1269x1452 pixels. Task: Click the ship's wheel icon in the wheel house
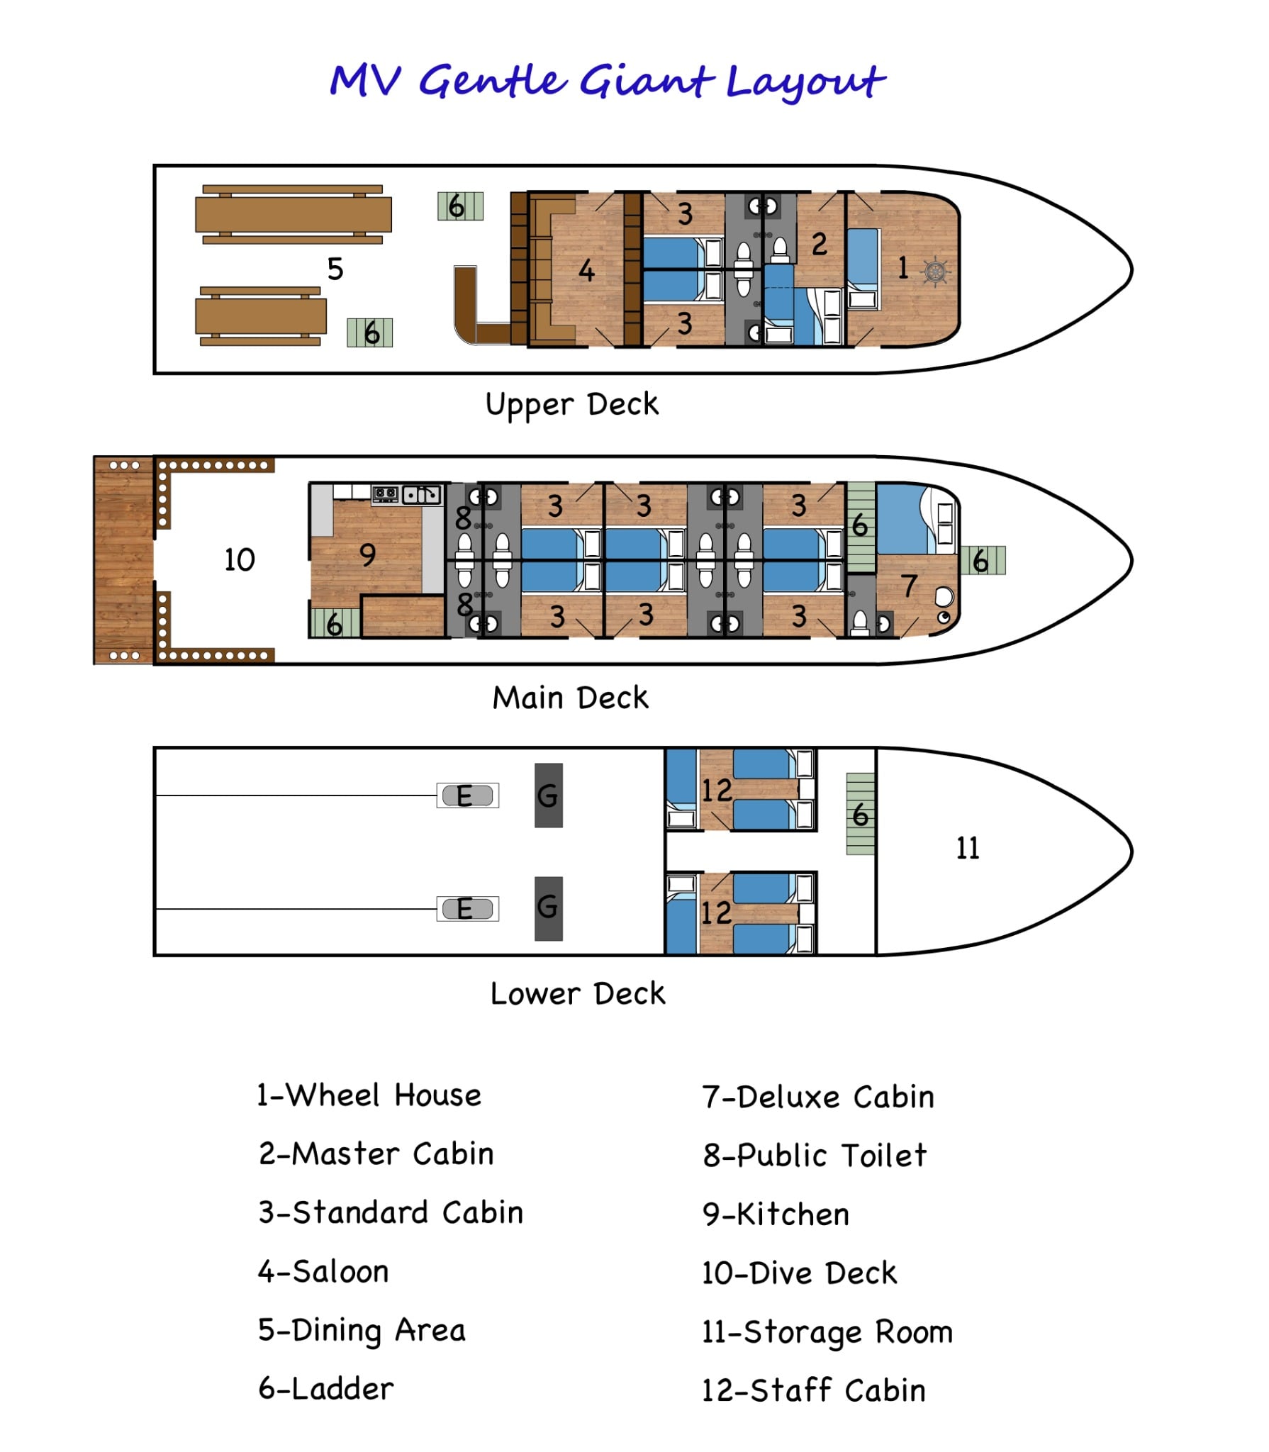click(936, 271)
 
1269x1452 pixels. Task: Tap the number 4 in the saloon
click(586, 271)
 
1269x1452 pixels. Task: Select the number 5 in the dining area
click(335, 269)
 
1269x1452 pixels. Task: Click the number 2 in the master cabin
click(820, 245)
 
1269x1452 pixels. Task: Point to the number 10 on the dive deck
click(240, 560)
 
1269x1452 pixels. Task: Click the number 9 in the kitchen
click(367, 555)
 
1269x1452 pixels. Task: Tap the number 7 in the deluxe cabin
click(909, 586)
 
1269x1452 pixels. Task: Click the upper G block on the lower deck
click(548, 795)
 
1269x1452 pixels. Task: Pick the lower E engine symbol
click(466, 909)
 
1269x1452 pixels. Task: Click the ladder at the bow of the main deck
click(983, 561)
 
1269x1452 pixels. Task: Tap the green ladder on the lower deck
click(861, 814)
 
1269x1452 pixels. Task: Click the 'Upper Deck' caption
click(571, 405)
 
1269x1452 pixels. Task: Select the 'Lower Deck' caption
click(578, 994)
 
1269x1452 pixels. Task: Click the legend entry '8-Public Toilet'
click(815, 1156)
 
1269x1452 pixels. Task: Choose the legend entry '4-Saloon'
click(323, 1272)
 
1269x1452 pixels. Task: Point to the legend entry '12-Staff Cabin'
click(813, 1391)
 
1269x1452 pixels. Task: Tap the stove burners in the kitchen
click(386, 493)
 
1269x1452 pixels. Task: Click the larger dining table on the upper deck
click(293, 214)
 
